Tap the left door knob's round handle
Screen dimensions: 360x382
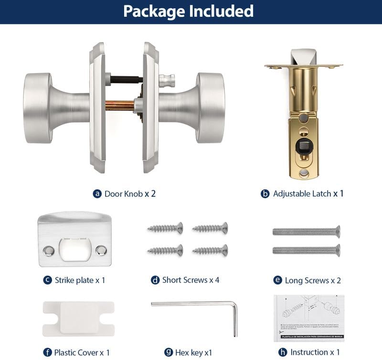[x=38, y=108]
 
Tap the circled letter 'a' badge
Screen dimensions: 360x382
[x=97, y=194]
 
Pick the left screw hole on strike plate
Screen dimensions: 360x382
[x=48, y=250]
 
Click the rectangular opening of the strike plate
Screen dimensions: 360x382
[x=74, y=250]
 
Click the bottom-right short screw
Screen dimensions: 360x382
[x=211, y=250]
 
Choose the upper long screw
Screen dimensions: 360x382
[x=306, y=232]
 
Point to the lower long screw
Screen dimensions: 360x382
[x=306, y=250]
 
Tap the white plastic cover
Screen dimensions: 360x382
[x=78, y=318]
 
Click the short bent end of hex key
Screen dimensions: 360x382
[x=234, y=319]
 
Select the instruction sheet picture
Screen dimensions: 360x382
[x=308, y=318]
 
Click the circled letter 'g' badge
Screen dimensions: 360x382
[x=169, y=352]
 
